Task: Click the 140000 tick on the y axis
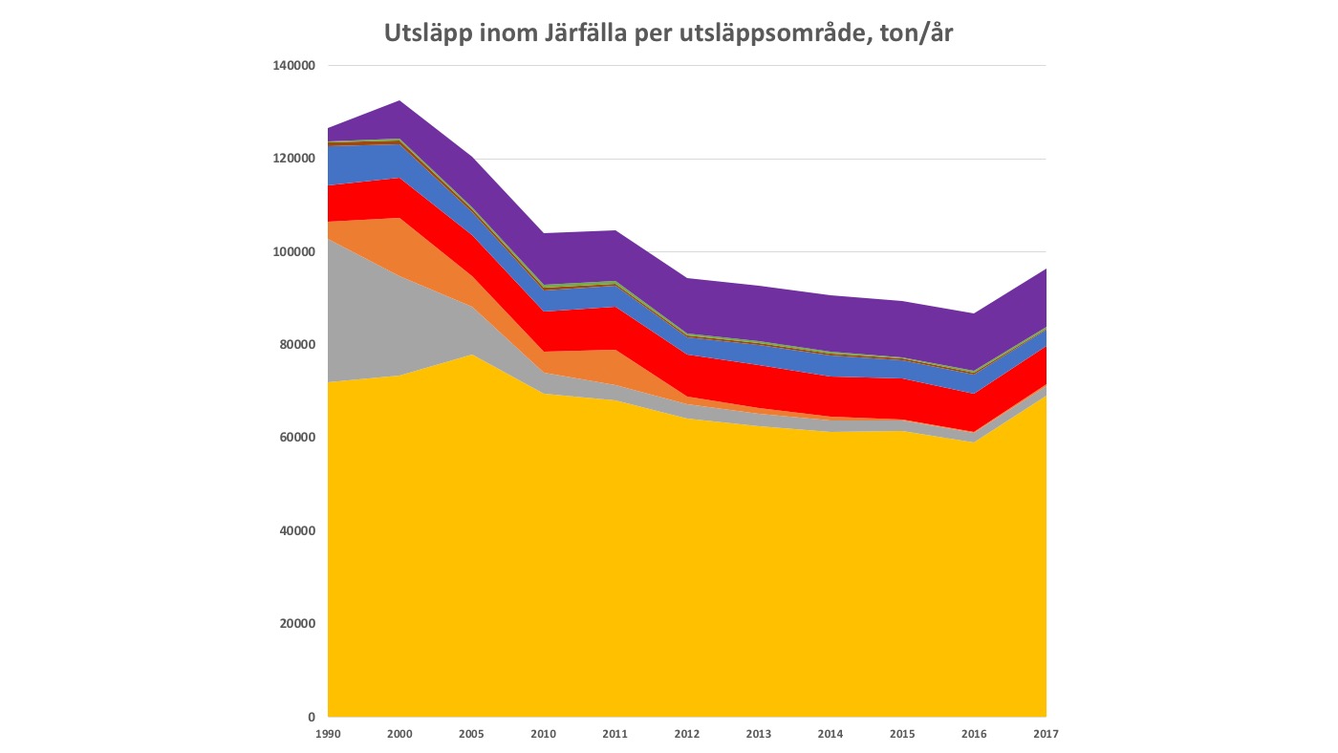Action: (294, 66)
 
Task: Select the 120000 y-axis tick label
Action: (294, 159)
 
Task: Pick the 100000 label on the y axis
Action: (294, 251)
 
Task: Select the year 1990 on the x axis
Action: (328, 733)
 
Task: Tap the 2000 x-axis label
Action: (399, 733)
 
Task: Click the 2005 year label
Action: (471, 733)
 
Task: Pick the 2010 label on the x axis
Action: (543, 733)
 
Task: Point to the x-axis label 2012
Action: (687, 733)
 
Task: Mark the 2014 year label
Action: (831, 733)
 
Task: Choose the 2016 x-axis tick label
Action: (975, 733)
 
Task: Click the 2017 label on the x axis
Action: (1047, 733)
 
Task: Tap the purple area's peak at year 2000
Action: (399, 101)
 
